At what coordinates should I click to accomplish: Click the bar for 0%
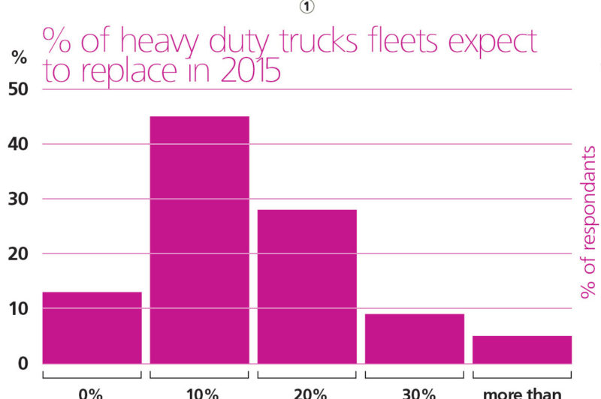(x=92, y=328)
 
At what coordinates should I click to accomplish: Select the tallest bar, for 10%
(x=199, y=240)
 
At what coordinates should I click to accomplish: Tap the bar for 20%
(x=307, y=286)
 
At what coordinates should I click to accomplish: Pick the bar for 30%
(x=414, y=338)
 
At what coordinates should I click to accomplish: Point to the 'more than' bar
(x=521, y=349)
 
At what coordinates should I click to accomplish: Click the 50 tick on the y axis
(x=18, y=88)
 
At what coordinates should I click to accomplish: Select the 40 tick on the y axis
(x=18, y=143)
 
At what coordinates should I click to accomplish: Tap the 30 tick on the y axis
(x=18, y=199)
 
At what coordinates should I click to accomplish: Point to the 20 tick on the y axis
(x=18, y=253)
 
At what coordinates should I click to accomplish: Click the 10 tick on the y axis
(x=18, y=308)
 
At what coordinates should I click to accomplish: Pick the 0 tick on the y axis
(x=23, y=364)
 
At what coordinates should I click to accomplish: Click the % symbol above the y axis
(x=19, y=58)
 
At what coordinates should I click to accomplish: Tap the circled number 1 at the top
(x=307, y=7)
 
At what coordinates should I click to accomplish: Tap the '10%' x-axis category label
(x=200, y=393)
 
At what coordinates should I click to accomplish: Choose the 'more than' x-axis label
(x=521, y=393)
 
